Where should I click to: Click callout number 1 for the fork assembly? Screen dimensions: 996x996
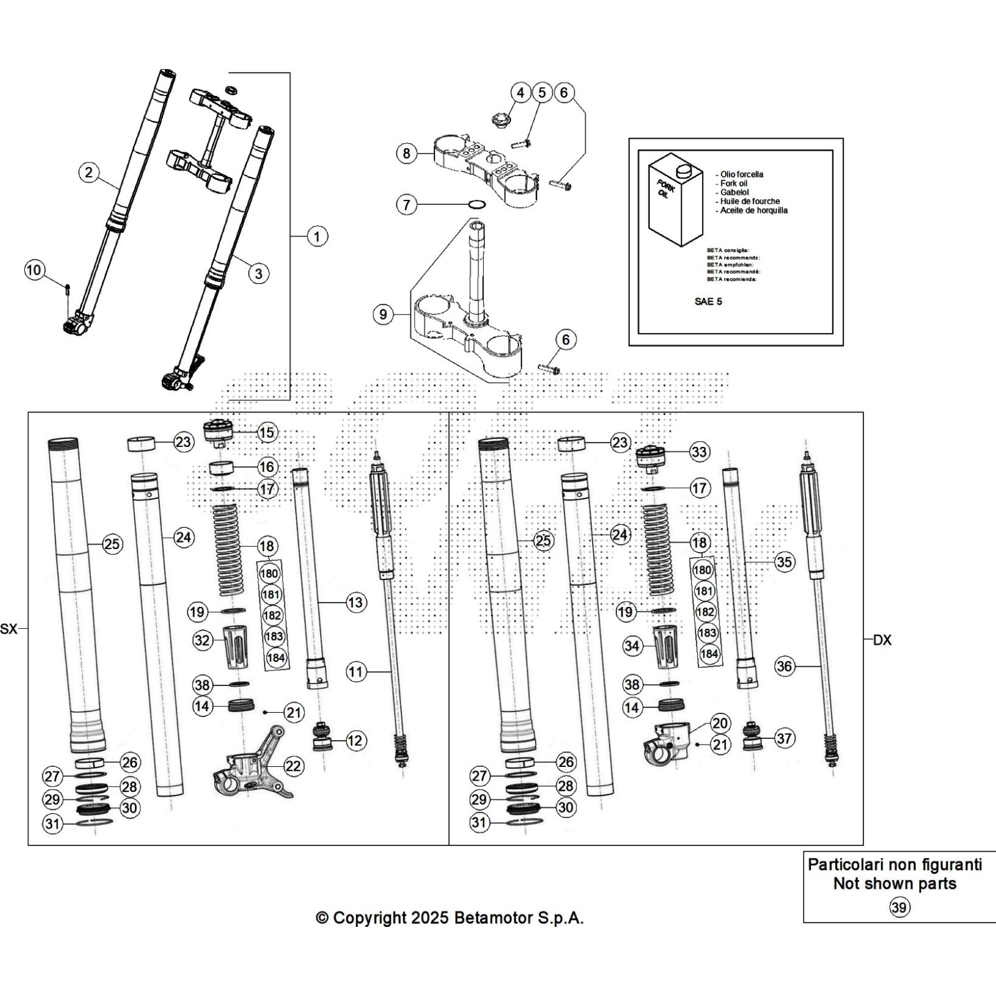(x=317, y=237)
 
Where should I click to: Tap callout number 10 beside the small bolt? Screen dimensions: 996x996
(x=34, y=270)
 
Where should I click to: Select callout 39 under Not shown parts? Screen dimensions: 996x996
(x=898, y=908)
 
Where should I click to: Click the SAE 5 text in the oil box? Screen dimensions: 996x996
(x=708, y=301)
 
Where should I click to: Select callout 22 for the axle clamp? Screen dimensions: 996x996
(x=293, y=766)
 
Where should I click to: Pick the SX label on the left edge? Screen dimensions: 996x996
(x=9, y=629)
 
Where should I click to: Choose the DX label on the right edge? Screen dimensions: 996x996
(x=882, y=640)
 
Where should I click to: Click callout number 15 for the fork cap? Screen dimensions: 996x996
(x=266, y=433)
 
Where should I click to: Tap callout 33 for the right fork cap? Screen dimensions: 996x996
(x=699, y=451)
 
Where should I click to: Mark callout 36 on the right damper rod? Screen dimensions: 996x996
(x=784, y=666)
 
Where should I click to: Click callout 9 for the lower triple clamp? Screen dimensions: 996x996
(x=383, y=314)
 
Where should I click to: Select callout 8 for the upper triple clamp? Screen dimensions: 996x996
(x=406, y=153)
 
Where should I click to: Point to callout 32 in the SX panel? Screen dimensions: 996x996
(x=202, y=640)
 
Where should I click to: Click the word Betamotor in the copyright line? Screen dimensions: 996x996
(x=494, y=918)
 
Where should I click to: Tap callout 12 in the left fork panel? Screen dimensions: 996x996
(x=355, y=741)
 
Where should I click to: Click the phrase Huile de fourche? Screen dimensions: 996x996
(x=749, y=201)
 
